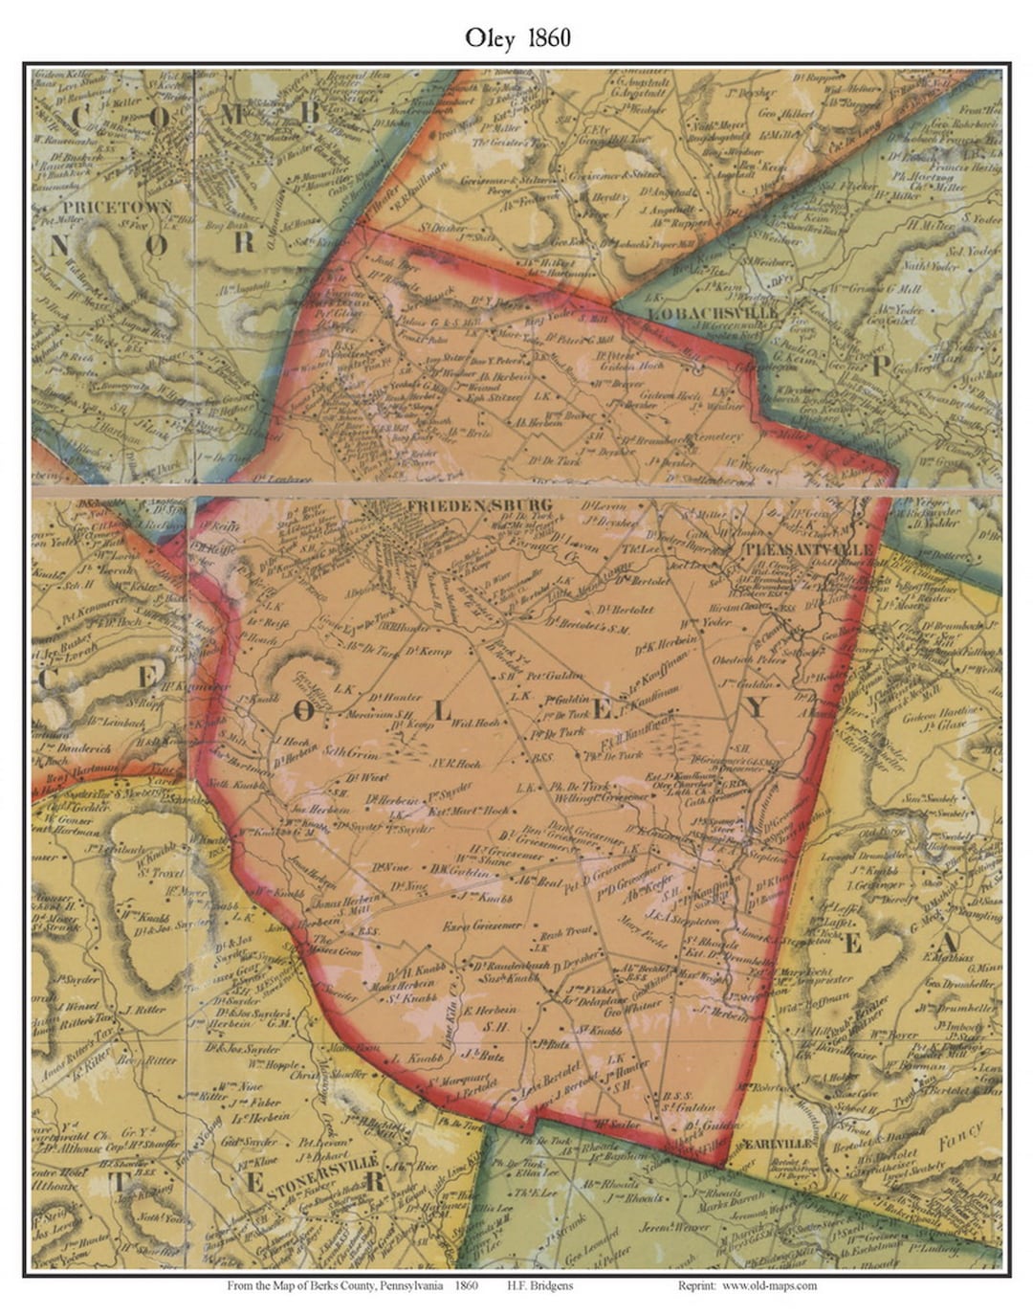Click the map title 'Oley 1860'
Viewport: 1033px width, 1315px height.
coord(517,38)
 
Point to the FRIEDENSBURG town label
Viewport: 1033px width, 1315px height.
coord(465,504)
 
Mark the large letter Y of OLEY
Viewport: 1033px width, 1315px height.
coord(755,707)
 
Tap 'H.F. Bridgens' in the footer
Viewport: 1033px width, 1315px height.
coord(540,1285)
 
